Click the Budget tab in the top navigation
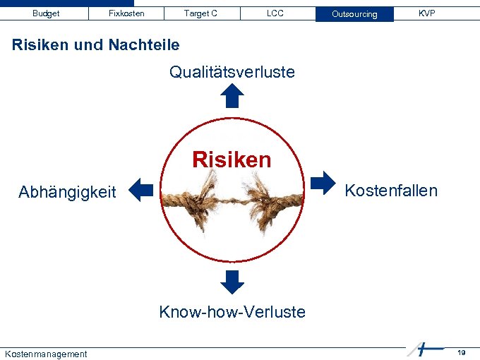point(46,13)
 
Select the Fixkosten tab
point(126,13)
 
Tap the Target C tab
point(200,13)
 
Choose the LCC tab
point(275,13)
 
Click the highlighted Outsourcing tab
point(354,14)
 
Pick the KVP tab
point(426,13)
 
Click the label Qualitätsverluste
point(232,72)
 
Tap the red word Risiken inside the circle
point(232,160)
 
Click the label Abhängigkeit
point(67,192)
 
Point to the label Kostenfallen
point(391,191)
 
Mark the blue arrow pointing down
point(232,282)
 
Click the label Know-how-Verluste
point(232,312)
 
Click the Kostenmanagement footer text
point(46,354)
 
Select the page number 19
point(461,352)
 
